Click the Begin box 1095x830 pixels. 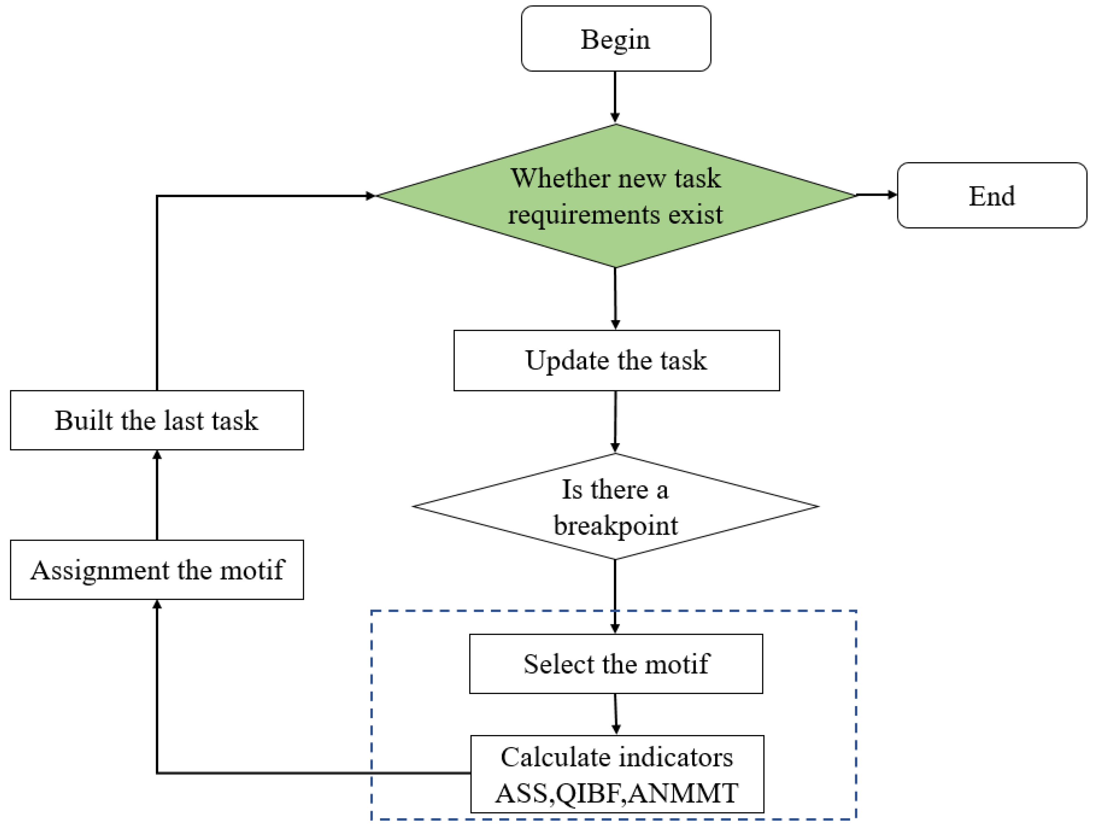click(x=616, y=39)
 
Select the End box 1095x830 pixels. click(x=991, y=195)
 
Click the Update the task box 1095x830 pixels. click(x=616, y=360)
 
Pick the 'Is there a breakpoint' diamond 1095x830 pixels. click(x=615, y=506)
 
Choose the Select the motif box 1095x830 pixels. click(x=616, y=664)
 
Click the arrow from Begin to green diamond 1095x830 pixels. click(x=615, y=97)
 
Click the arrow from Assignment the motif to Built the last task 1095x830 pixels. click(x=157, y=495)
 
